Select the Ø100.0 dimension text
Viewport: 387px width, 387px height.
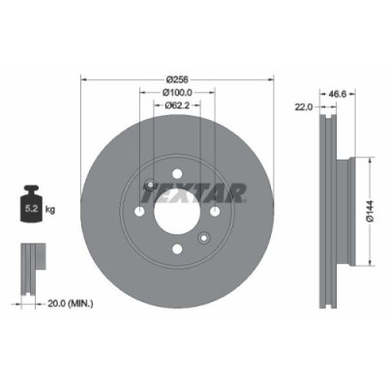tap(176, 92)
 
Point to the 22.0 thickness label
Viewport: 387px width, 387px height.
tap(303, 106)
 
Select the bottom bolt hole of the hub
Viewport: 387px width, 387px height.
tap(176, 249)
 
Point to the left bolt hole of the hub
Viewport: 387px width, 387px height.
tap(139, 212)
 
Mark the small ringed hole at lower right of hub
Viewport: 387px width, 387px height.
tap(202, 238)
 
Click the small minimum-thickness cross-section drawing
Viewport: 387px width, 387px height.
tap(32, 261)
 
